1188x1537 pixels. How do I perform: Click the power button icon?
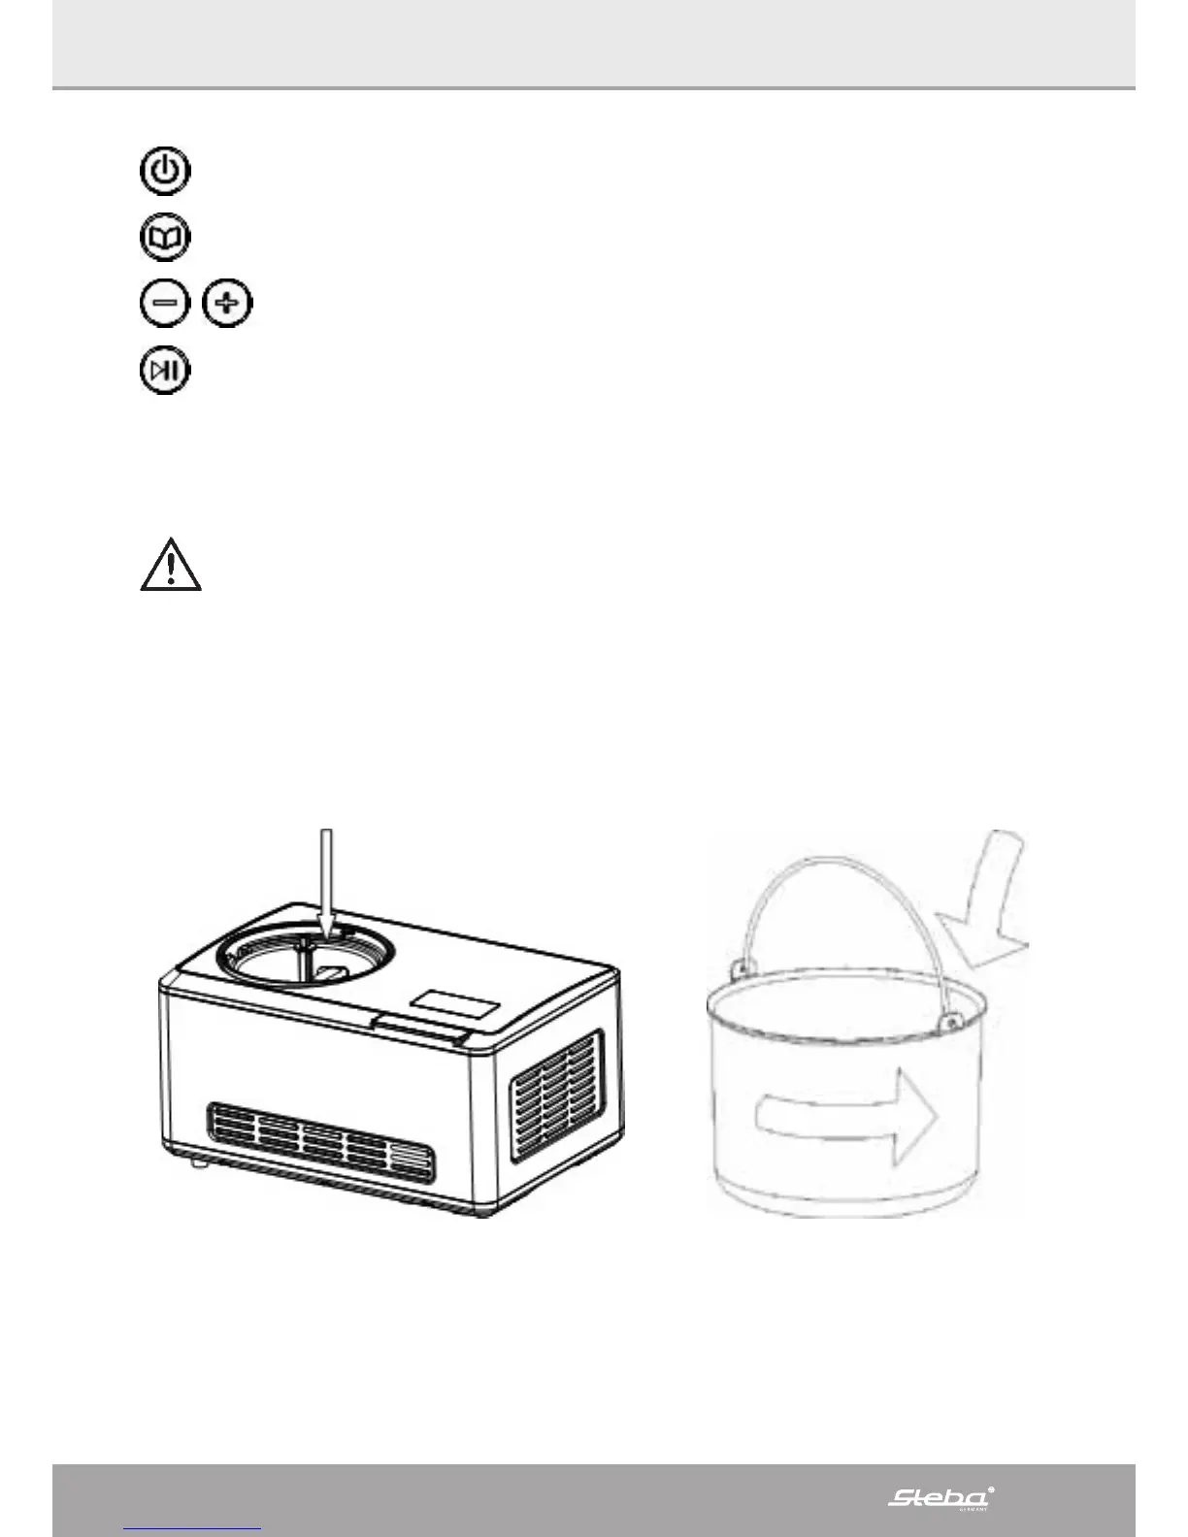tap(166, 172)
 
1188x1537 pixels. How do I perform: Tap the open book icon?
tap(166, 238)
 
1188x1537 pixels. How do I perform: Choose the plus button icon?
tap(227, 304)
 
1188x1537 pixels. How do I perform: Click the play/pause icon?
tap(165, 371)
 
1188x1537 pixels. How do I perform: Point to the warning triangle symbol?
tap(171, 566)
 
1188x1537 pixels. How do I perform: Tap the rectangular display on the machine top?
tap(455, 1004)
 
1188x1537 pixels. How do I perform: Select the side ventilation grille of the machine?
tap(555, 1097)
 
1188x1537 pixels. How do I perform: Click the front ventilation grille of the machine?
tap(321, 1141)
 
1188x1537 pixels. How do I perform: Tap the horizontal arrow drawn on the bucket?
tap(845, 1114)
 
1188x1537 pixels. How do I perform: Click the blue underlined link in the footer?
tap(193, 1529)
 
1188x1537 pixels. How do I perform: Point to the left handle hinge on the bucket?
tap(741, 967)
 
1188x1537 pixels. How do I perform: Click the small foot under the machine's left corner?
tap(200, 1161)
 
